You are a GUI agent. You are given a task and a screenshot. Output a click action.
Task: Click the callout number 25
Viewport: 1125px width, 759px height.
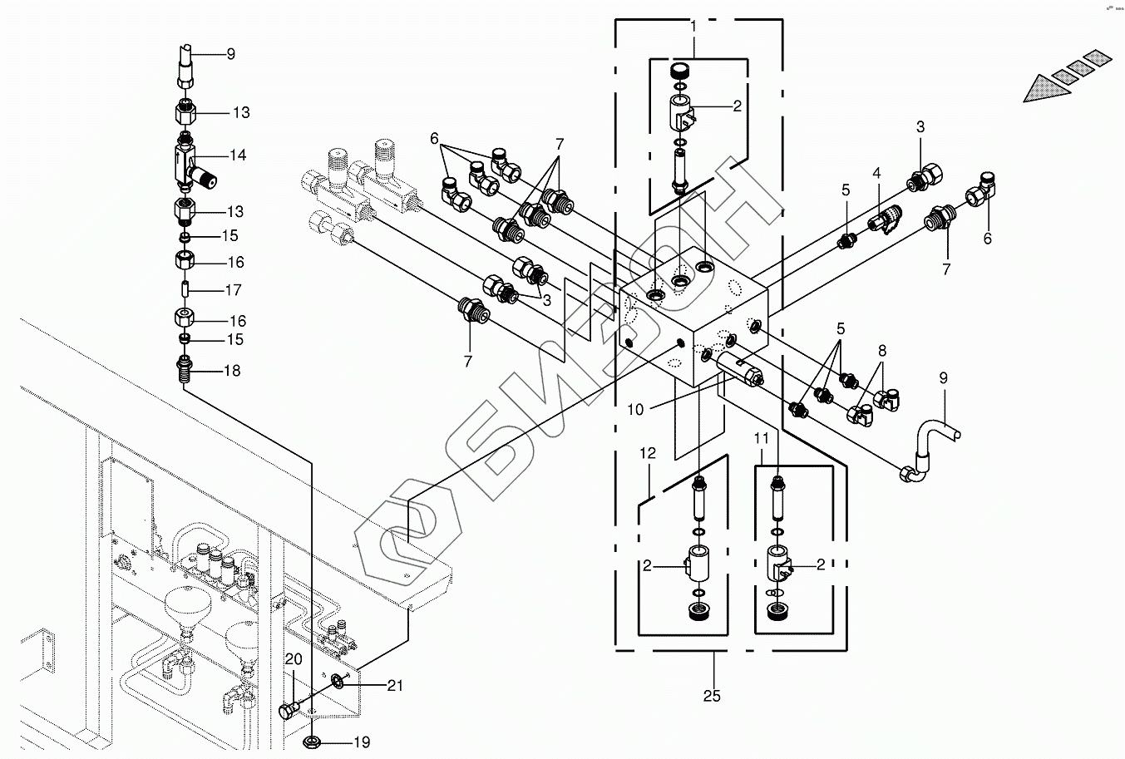point(712,695)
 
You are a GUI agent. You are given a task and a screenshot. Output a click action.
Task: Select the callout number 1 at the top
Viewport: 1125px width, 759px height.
point(693,27)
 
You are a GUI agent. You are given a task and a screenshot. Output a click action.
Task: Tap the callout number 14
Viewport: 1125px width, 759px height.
point(239,155)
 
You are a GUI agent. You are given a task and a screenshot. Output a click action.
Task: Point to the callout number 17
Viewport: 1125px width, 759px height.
point(233,291)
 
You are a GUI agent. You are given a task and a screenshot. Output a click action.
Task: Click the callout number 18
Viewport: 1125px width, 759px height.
point(232,371)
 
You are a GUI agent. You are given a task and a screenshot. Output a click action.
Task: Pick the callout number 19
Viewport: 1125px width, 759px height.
point(361,742)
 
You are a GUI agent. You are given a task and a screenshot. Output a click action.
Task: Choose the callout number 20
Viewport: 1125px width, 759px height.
point(293,659)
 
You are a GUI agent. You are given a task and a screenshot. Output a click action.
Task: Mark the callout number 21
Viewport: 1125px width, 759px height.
point(395,685)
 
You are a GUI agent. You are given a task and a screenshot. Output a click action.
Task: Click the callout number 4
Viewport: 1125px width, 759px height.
point(876,174)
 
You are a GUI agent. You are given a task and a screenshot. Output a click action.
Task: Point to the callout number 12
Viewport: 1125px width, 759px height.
point(648,454)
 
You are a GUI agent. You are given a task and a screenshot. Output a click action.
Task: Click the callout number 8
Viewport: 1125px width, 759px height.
point(881,351)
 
